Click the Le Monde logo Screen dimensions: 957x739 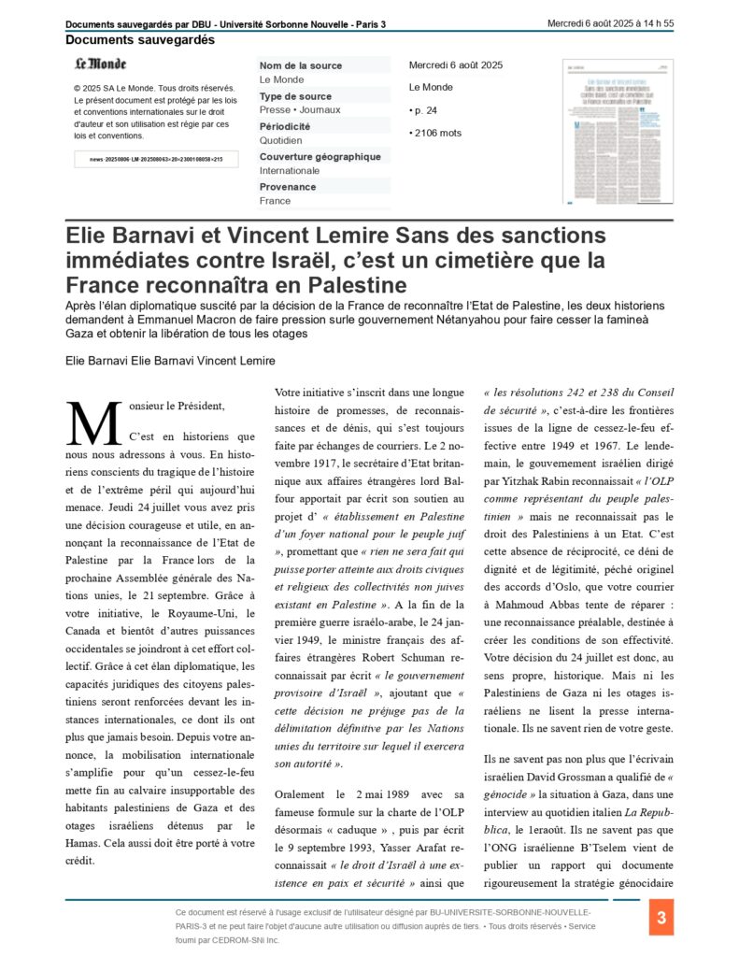pos(100,64)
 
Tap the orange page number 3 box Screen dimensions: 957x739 pos(661,918)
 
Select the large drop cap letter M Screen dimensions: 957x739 pos(93,423)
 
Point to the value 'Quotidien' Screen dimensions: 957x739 pos(280,140)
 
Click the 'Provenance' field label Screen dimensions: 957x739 pos(288,187)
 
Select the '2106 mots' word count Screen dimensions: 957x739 pos(436,133)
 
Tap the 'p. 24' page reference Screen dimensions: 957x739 pos(423,110)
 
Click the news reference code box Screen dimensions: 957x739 pos(156,160)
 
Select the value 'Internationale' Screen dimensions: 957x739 pos(290,171)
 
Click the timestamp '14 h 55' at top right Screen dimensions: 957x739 pos(655,23)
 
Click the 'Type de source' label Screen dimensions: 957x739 pos(295,96)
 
